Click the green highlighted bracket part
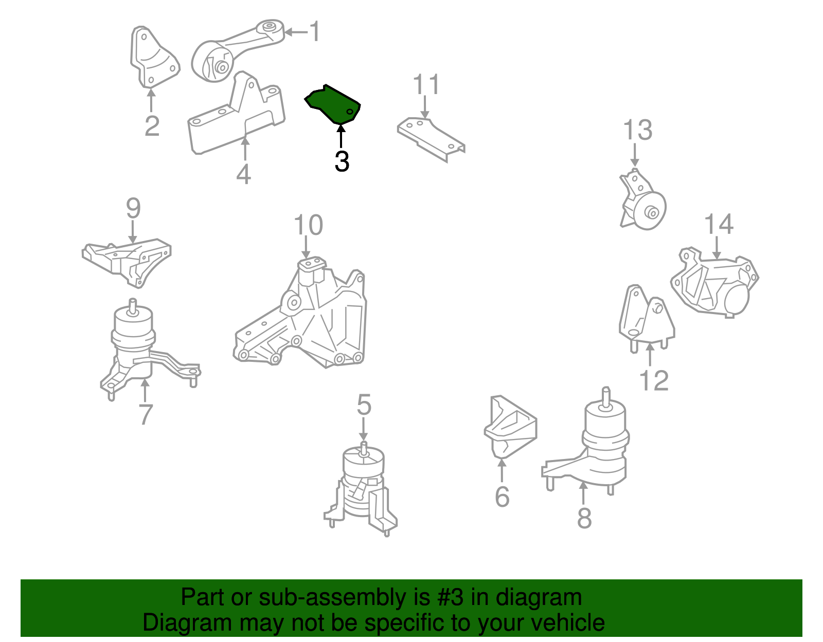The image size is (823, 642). (333, 105)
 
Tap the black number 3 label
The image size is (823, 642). (342, 161)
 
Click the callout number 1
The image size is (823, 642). (315, 32)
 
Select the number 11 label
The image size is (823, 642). (426, 85)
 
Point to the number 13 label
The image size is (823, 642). (637, 131)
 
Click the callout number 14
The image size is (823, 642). (718, 225)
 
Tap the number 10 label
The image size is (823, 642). (308, 226)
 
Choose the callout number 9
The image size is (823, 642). (133, 209)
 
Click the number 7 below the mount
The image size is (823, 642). (146, 414)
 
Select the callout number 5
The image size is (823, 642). (364, 405)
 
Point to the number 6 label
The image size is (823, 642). (502, 497)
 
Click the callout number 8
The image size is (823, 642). (584, 518)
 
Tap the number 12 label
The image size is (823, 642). (653, 381)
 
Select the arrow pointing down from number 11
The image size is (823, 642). (425, 108)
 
